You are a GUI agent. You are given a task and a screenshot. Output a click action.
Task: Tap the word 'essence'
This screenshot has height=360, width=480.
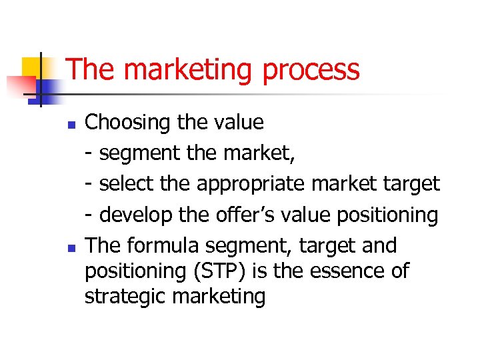pos(357,271)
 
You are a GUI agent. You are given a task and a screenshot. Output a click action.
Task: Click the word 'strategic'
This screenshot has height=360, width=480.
pos(125,296)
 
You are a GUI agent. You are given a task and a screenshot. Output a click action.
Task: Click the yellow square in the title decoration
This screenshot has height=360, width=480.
pos(32,67)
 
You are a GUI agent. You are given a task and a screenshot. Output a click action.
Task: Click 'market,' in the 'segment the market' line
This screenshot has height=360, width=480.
pos(261,153)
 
